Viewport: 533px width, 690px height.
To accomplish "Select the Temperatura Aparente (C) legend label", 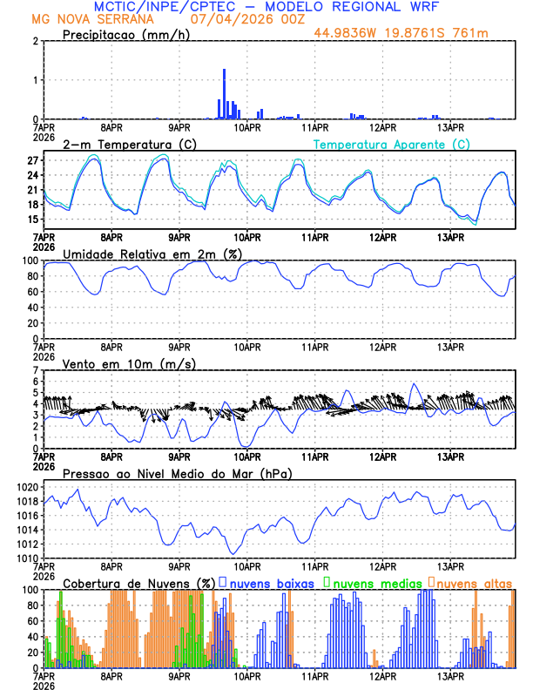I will (x=391, y=144).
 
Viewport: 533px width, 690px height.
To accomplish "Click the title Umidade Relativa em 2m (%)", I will (x=152, y=254).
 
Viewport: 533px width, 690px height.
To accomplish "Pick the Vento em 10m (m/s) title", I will (x=129, y=363).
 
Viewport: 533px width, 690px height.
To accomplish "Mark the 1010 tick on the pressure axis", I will (x=26, y=558).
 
